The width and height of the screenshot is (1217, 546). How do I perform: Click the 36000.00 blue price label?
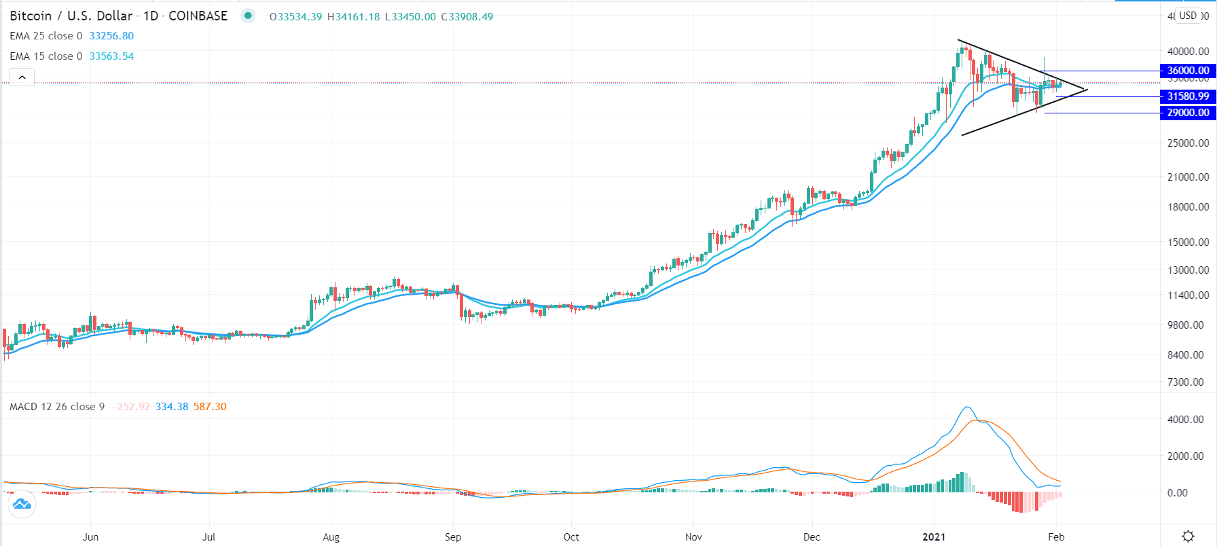click(1188, 71)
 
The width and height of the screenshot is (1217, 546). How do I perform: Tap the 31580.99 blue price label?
click(1188, 96)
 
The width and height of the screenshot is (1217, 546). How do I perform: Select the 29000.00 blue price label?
click(1188, 113)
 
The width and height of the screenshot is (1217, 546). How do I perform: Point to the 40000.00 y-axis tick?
click(1188, 52)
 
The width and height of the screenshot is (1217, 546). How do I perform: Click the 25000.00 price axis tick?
click(1188, 143)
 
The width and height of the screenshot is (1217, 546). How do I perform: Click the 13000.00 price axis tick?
click(1188, 270)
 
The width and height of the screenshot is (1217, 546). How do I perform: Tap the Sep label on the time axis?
click(453, 537)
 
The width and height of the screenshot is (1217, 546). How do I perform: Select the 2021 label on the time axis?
click(934, 537)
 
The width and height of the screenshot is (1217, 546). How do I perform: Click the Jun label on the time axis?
click(90, 537)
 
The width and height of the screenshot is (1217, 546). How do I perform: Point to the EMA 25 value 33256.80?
click(111, 36)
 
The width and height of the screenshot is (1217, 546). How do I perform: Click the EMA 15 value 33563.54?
click(111, 56)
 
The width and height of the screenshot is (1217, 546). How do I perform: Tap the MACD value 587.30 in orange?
click(210, 407)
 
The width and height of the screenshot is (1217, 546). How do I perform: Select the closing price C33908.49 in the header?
click(467, 16)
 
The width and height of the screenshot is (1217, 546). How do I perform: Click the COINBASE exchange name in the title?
click(198, 16)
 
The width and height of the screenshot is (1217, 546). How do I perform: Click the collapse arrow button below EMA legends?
click(22, 77)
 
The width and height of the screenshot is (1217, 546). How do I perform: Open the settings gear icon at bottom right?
click(1188, 536)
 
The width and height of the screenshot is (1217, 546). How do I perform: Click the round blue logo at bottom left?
click(22, 504)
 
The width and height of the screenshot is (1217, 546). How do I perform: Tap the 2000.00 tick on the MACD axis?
click(1186, 456)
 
